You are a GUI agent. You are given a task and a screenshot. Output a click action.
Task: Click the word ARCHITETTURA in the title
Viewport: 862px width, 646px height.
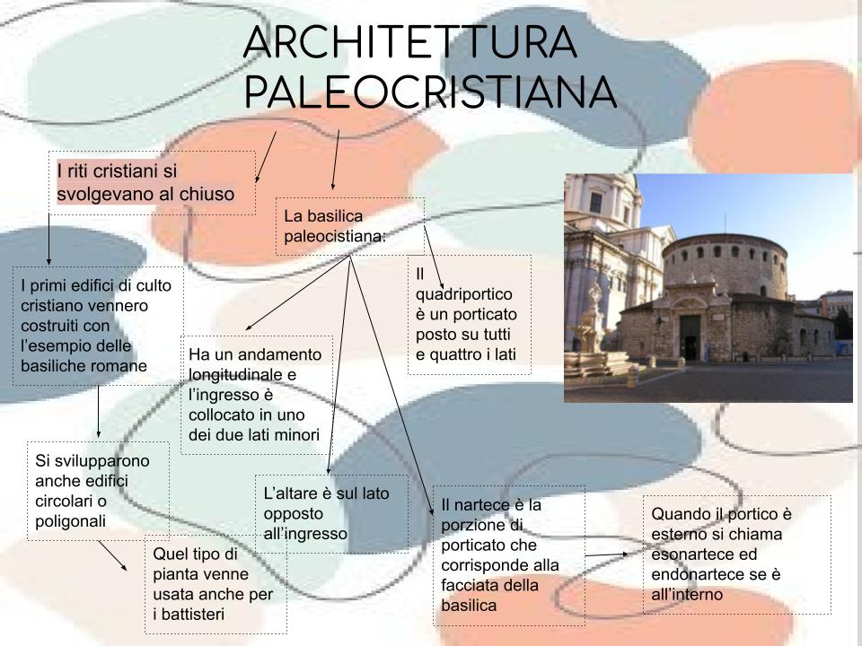(410, 42)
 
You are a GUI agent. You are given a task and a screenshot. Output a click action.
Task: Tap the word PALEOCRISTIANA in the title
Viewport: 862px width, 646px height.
(430, 92)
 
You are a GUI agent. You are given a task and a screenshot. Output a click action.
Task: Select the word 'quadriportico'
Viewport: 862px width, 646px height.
(464, 294)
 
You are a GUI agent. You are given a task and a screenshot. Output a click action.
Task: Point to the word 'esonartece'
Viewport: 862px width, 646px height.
(690, 554)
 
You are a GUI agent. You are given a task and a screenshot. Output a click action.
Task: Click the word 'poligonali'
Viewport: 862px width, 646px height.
(70, 522)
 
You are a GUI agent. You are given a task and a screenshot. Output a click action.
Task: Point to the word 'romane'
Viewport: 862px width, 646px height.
(121, 366)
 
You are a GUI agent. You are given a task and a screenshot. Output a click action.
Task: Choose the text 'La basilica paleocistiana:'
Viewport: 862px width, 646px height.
(335, 226)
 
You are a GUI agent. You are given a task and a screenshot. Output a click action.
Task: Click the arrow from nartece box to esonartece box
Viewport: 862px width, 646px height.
(606, 554)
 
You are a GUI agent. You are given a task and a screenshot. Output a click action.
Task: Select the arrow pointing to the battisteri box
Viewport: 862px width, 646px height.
(113, 555)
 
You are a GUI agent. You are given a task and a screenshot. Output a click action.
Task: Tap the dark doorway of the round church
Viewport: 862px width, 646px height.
(690, 336)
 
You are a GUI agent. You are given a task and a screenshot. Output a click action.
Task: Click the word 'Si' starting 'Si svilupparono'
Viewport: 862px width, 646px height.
(42, 461)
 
